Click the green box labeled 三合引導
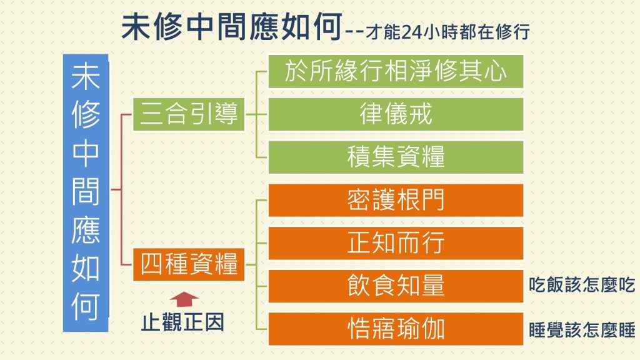click(189, 114)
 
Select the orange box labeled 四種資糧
click(189, 264)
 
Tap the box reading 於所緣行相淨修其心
click(396, 71)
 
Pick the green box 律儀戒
click(396, 114)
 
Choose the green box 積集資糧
click(396, 157)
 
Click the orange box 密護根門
click(396, 200)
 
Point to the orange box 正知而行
click(396, 243)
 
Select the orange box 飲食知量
click(396, 286)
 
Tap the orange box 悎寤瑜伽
click(396, 329)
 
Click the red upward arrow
click(184, 299)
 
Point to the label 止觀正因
click(183, 322)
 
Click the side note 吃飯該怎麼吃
click(582, 285)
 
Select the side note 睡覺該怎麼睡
click(582, 330)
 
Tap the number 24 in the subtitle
click(412, 32)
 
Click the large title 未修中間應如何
click(232, 26)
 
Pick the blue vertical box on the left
click(86, 192)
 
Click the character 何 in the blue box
click(86, 306)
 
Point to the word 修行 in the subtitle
click(512, 32)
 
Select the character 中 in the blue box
click(86, 154)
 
